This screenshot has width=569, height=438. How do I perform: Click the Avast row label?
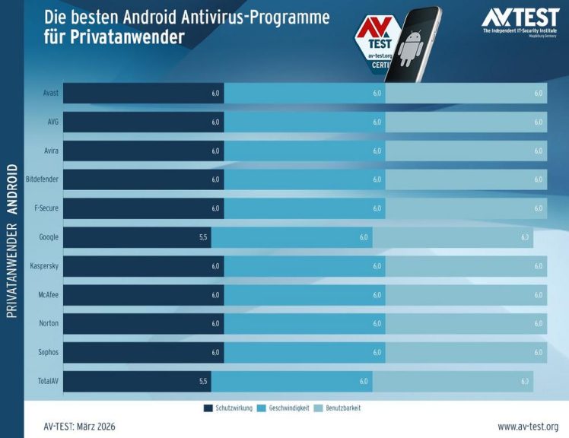pyautogui.click(x=49, y=93)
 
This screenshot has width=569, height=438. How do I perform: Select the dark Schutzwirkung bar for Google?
pyautogui.click(x=137, y=237)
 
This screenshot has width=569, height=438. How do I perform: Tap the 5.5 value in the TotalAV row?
pyautogui.click(x=202, y=382)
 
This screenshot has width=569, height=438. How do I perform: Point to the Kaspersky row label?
pyautogui.click(x=44, y=266)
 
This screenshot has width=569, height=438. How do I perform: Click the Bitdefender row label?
pyautogui.click(x=42, y=179)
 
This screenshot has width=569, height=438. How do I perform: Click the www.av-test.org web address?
pyautogui.click(x=528, y=427)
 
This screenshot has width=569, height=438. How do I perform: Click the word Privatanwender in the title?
pyautogui.click(x=115, y=37)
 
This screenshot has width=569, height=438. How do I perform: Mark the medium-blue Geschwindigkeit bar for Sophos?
pyautogui.click(x=304, y=353)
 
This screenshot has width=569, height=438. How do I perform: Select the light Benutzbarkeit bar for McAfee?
pyautogui.click(x=466, y=295)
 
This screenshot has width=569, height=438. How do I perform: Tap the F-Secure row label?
pyautogui.click(x=46, y=208)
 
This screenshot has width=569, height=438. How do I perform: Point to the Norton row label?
pyautogui.click(x=49, y=324)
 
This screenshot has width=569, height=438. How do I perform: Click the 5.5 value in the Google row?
pyautogui.click(x=202, y=237)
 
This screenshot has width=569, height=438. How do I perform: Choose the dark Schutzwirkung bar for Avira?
pyautogui.click(x=143, y=151)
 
